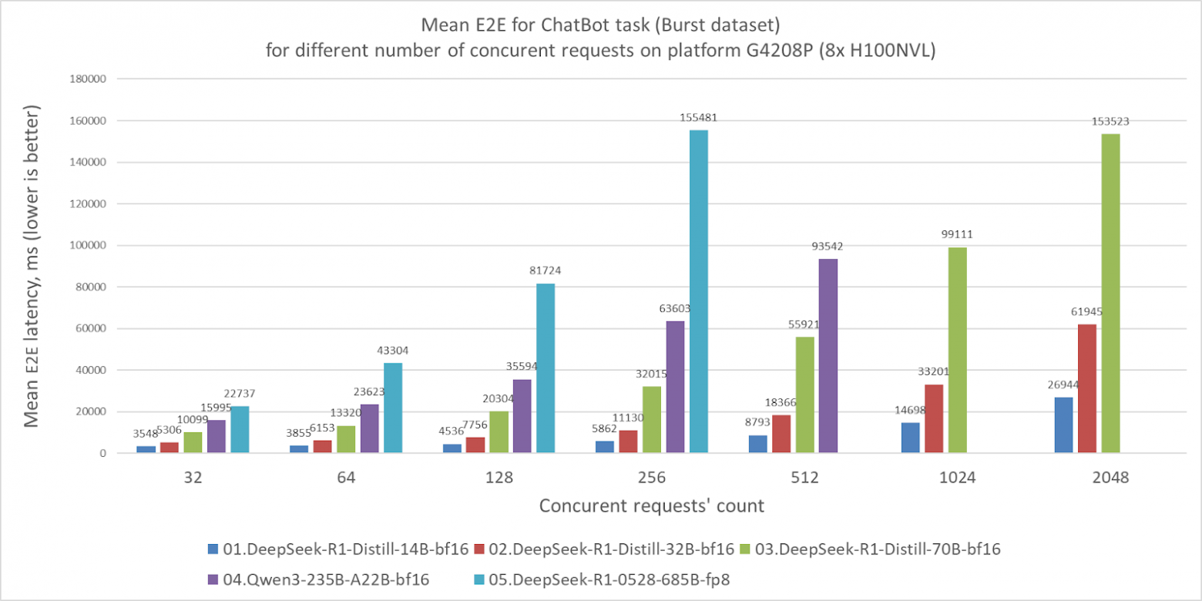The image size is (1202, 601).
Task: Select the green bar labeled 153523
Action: [x=1110, y=294]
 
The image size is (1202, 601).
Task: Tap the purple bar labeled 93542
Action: [x=828, y=356]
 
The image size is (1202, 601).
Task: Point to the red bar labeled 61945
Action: [x=1086, y=388]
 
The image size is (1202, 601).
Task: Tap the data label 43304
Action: [x=392, y=351]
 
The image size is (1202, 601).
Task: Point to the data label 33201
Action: [x=933, y=372]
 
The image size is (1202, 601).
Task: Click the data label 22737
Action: [x=240, y=394]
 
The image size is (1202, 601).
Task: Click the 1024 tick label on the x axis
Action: [x=958, y=478]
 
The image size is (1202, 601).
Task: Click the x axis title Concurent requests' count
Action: [x=651, y=505]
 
